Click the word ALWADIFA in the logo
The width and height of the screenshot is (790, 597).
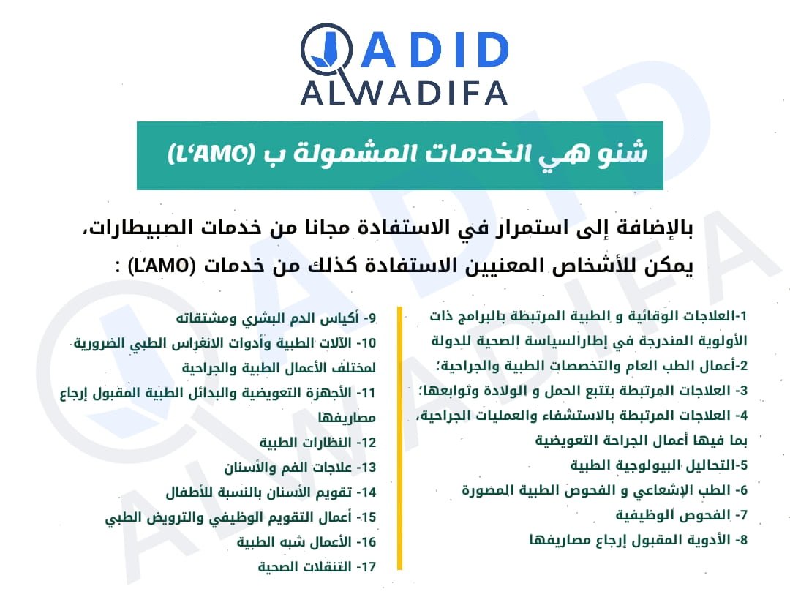(404, 93)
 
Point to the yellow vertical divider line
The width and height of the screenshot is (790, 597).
(399, 438)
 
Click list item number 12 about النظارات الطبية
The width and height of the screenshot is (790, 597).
(318, 443)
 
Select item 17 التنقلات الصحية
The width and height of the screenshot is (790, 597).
(317, 567)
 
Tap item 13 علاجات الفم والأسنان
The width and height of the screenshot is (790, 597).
(301, 468)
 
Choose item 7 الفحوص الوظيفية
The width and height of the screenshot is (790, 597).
(681, 515)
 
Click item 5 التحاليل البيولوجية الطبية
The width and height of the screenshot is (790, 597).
(659, 465)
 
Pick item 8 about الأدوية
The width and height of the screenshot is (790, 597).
(639, 540)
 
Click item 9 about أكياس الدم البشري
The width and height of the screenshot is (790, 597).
(276, 318)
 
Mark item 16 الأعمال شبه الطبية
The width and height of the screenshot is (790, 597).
(306, 542)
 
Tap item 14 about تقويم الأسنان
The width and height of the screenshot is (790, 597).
(271, 492)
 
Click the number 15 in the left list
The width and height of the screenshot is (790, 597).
(366, 517)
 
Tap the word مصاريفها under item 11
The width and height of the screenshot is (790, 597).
(347, 418)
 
